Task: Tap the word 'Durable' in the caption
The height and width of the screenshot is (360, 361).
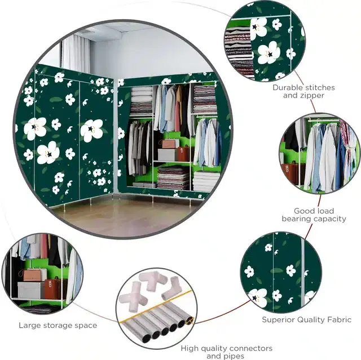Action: pos(287,87)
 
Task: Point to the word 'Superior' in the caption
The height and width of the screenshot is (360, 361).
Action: pos(278,320)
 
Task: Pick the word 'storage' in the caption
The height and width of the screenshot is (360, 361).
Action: pos(58,326)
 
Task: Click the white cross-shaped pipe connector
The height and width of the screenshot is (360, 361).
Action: pos(132,299)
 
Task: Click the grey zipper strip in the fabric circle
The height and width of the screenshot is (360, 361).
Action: pos(303,273)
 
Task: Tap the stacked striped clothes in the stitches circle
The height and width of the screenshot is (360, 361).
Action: pos(239,51)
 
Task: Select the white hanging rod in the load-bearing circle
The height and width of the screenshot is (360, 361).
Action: pos(322,120)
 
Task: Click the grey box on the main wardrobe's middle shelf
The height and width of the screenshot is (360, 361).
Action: pos(167,154)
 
